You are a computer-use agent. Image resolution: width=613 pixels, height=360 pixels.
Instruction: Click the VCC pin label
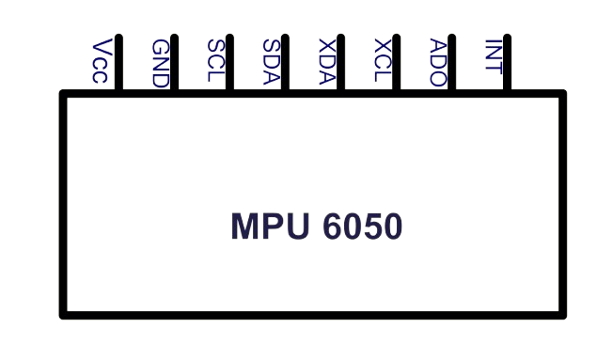click(x=103, y=62)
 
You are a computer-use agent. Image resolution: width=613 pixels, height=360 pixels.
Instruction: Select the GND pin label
click(x=159, y=63)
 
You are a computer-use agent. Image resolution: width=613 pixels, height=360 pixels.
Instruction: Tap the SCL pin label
click(x=214, y=62)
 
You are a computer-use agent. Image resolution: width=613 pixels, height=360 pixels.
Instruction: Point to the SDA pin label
click(x=270, y=62)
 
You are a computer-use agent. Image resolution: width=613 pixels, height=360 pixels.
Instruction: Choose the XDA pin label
click(x=325, y=62)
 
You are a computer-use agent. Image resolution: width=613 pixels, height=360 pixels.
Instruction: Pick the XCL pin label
click(x=381, y=62)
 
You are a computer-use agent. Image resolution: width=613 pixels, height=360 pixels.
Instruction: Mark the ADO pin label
click(x=436, y=62)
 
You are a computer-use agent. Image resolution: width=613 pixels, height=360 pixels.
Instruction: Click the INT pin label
click(x=492, y=62)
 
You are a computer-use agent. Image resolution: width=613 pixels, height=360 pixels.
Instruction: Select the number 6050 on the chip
click(x=362, y=226)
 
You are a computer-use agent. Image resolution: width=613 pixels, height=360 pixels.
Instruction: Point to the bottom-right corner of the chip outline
click(x=566, y=317)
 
